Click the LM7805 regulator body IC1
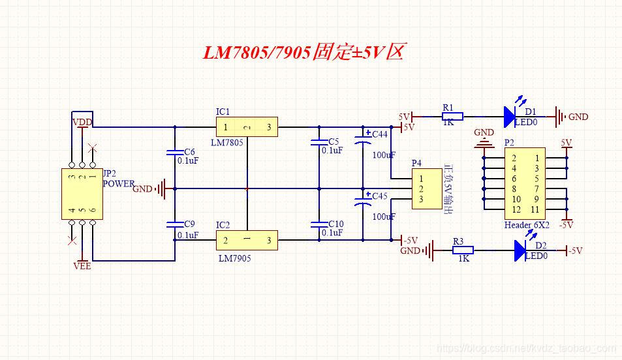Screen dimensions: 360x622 point(247,127)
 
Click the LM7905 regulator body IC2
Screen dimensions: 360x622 point(247,241)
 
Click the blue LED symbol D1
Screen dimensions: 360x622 point(510,117)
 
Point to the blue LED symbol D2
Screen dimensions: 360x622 point(520,250)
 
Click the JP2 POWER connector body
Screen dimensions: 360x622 point(82,193)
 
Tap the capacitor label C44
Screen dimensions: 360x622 point(380,134)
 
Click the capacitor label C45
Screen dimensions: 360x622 point(380,196)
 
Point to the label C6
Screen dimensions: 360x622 point(189,151)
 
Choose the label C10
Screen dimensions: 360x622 point(336,224)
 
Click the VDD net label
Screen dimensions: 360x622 point(82,123)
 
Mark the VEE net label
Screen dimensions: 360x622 point(82,266)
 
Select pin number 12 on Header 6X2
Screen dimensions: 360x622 point(516,209)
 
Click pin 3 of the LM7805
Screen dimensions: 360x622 point(269,127)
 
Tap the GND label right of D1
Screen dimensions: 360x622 point(578,117)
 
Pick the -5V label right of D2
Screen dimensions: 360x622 point(575,250)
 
